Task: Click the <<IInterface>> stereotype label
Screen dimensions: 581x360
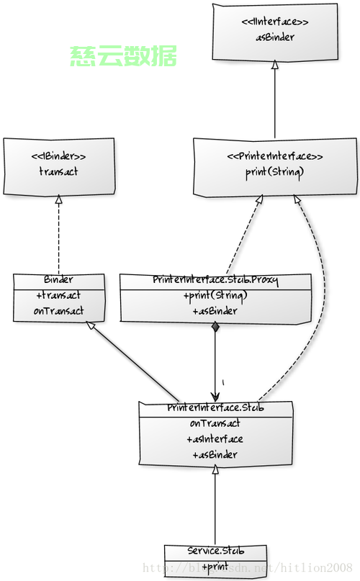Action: point(276,22)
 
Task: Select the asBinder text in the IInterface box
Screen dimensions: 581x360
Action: point(276,37)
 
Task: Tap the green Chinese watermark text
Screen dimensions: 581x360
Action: point(123,56)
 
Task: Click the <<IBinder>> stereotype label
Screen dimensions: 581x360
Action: point(58,156)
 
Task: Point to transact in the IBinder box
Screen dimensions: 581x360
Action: point(58,171)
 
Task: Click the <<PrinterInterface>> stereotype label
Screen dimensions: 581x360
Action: point(275,156)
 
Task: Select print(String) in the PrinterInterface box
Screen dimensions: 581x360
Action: point(275,172)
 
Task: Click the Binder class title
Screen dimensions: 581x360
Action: point(59,279)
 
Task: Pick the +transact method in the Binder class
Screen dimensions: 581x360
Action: point(59,295)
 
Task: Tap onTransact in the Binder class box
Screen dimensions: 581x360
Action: point(59,311)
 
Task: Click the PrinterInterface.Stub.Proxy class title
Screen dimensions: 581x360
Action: point(215,279)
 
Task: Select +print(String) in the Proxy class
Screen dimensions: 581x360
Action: point(215,296)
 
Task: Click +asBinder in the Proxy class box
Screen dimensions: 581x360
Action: point(215,311)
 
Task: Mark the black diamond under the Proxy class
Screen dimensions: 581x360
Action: point(215,328)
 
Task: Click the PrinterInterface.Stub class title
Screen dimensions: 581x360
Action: point(215,408)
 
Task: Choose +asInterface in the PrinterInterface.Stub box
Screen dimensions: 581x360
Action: point(215,439)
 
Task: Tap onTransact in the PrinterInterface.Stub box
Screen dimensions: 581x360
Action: point(215,423)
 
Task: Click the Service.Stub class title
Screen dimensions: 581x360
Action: point(215,551)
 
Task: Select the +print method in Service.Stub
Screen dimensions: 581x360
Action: point(215,567)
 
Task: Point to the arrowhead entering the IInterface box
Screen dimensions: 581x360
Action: point(274,65)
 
